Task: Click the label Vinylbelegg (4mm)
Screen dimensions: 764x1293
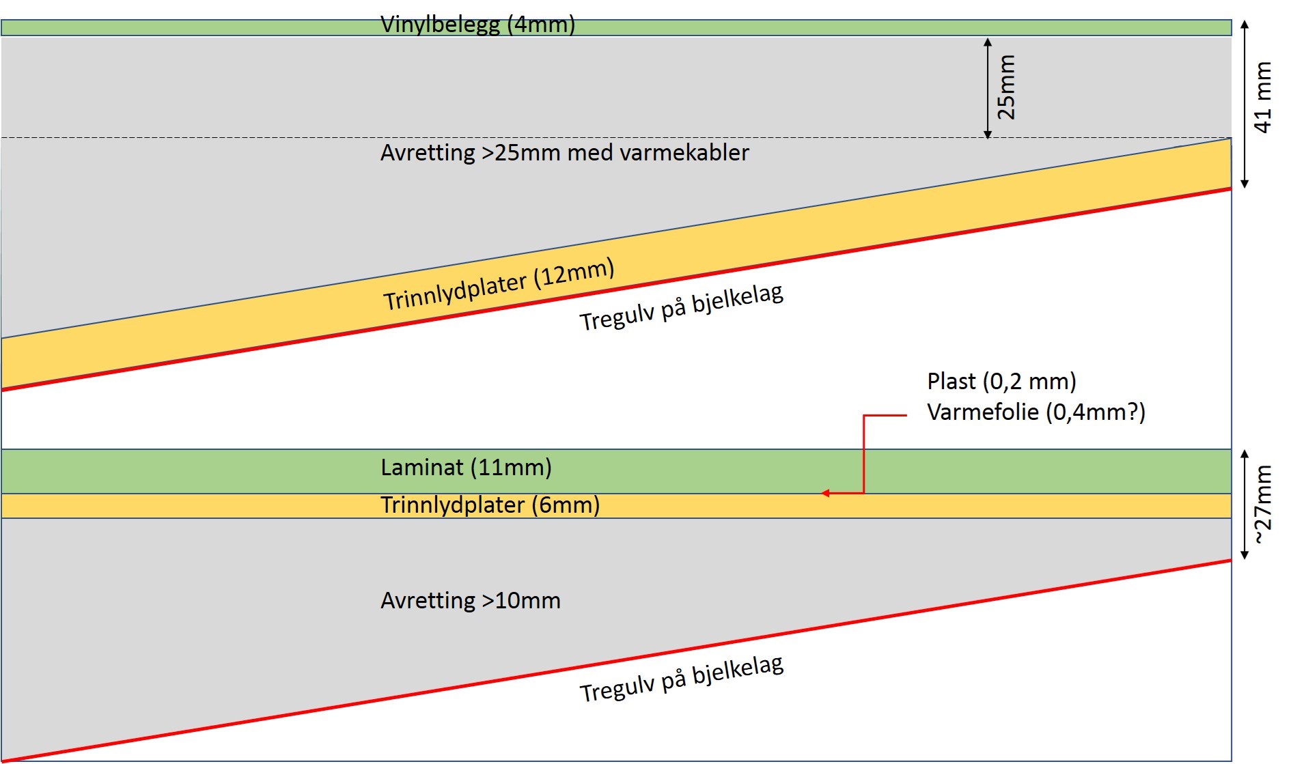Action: click(x=477, y=25)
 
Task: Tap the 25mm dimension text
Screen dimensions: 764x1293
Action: click(x=1006, y=87)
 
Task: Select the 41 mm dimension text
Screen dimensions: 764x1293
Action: click(x=1263, y=98)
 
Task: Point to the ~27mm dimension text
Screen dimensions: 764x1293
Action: click(x=1264, y=505)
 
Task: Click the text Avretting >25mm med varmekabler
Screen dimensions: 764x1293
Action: click(x=564, y=152)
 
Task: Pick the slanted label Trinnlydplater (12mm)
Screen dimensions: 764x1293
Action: click(x=499, y=285)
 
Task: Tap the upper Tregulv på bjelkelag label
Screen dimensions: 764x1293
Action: click(x=681, y=308)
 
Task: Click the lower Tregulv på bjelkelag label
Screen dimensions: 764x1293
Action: click(x=681, y=679)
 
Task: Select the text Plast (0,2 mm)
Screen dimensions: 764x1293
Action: click(x=1001, y=381)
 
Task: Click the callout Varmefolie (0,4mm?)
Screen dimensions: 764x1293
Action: click(x=1035, y=412)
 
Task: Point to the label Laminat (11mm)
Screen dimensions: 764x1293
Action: click(x=466, y=468)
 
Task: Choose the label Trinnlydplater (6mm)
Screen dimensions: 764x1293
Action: click(x=490, y=505)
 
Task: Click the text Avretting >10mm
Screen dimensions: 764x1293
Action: click(x=471, y=601)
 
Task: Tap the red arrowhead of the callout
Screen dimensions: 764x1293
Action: click(x=826, y=493)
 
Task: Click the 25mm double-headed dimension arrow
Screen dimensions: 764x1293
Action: click(x=987, y=88)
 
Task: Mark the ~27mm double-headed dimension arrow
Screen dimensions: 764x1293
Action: click(x=1245, y=505)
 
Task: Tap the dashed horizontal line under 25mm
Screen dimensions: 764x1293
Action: click(x=478, y=138)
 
